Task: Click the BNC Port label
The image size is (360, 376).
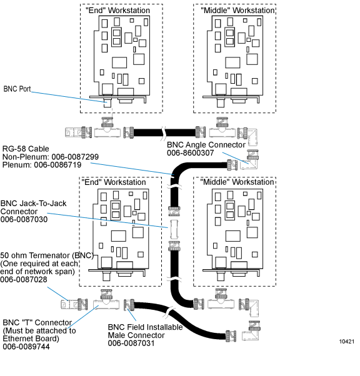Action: [x=17, y=89]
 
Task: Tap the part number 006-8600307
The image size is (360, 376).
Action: [x=191, y=153]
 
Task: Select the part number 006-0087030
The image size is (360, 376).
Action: [x=24, y=219]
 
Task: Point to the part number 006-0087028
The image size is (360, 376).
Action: [x=24, y=279]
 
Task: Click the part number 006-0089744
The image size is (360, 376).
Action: [x=26, y=347]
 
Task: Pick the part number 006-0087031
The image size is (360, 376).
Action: [x=131, y=343]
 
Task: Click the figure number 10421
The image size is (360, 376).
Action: [x=346, y=342]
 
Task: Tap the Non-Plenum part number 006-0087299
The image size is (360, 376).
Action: [x=75, y=157]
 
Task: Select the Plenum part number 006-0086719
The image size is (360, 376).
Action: [x=57, y=165]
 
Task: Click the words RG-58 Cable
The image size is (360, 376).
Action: [x=26, y=149]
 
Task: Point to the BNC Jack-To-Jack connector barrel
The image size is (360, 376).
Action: [x=174, y=229]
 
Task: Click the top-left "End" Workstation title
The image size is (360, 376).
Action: [x=118, y=11]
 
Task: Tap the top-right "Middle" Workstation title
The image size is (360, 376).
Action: [x=237, y=11]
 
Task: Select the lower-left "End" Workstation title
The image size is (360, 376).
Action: [x=114, y=182]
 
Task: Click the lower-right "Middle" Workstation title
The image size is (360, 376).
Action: [x=237, y=182]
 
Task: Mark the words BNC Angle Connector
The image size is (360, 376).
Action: [x=206, y=145]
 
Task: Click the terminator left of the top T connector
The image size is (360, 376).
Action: [x=79, y=132]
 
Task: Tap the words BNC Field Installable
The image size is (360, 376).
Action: [x=145, y=327]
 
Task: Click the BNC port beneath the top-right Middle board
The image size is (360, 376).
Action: [x=221, y=102]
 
